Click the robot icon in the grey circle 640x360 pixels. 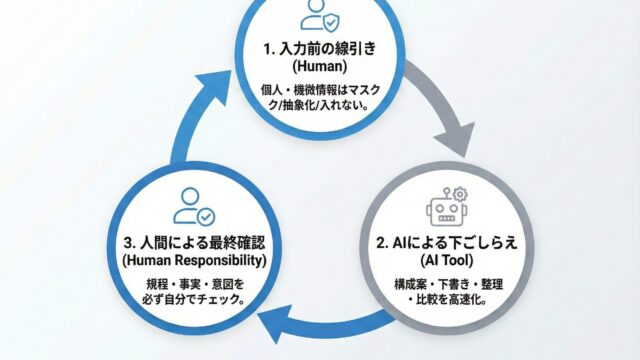coord(447,207)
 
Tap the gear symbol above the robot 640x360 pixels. coord(460,194)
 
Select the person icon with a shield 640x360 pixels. coord(320,15)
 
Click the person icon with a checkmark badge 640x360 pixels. coord(194,207)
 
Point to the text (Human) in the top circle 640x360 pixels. coord(320,66)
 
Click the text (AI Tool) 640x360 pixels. coord(447,260)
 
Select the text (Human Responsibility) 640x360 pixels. coord(194,260)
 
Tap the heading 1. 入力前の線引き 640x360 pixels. coord(320,49)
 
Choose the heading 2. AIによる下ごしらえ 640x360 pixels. coord(447,243)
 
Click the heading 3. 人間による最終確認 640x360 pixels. coord(194,243)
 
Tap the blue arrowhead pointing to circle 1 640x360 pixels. coord(217,90)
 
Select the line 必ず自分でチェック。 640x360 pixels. coord(194,300)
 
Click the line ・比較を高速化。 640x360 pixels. coord(448,300)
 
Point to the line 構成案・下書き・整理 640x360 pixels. coord(448,284)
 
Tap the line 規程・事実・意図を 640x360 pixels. coord(195,284)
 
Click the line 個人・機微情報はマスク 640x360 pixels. coord(320,90)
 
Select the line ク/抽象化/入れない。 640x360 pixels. coord(320,106)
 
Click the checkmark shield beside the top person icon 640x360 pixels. coord(332,22)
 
